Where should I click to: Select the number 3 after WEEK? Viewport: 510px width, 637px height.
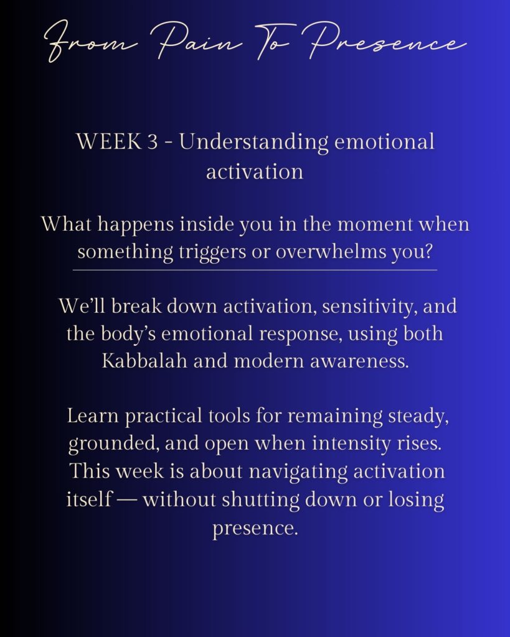[152, 142]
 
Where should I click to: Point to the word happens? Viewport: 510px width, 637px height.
[135, 225]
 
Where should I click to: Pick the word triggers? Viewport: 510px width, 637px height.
[213, 253]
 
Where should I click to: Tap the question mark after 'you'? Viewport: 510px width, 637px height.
[427, 252]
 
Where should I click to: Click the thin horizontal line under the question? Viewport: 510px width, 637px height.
[255, 269]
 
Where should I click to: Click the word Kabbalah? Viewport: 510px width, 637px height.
[144, 361]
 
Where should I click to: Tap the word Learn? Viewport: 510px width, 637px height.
[93, 416]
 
